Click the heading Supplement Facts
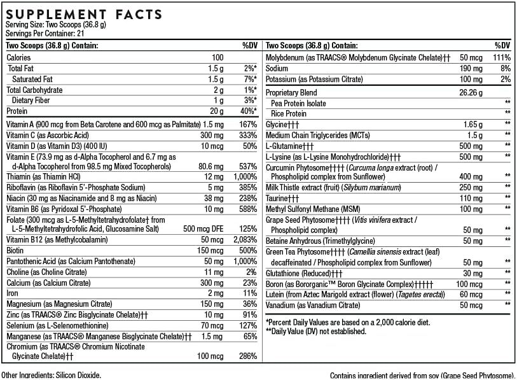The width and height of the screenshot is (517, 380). click(83, 14)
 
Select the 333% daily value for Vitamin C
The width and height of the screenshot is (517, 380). click(247, 136)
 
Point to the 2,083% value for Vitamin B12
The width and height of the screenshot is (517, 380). click(244, 239)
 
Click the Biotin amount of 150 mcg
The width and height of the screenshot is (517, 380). click(210, 250)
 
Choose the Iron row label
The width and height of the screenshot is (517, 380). click(13, 293)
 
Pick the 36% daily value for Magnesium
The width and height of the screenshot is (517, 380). click(249, 304)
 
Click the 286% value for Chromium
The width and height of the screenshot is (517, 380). click(247, 356)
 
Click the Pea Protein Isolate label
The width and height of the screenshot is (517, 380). click(298, 103)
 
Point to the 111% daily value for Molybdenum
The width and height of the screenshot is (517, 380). click(501, 58)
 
